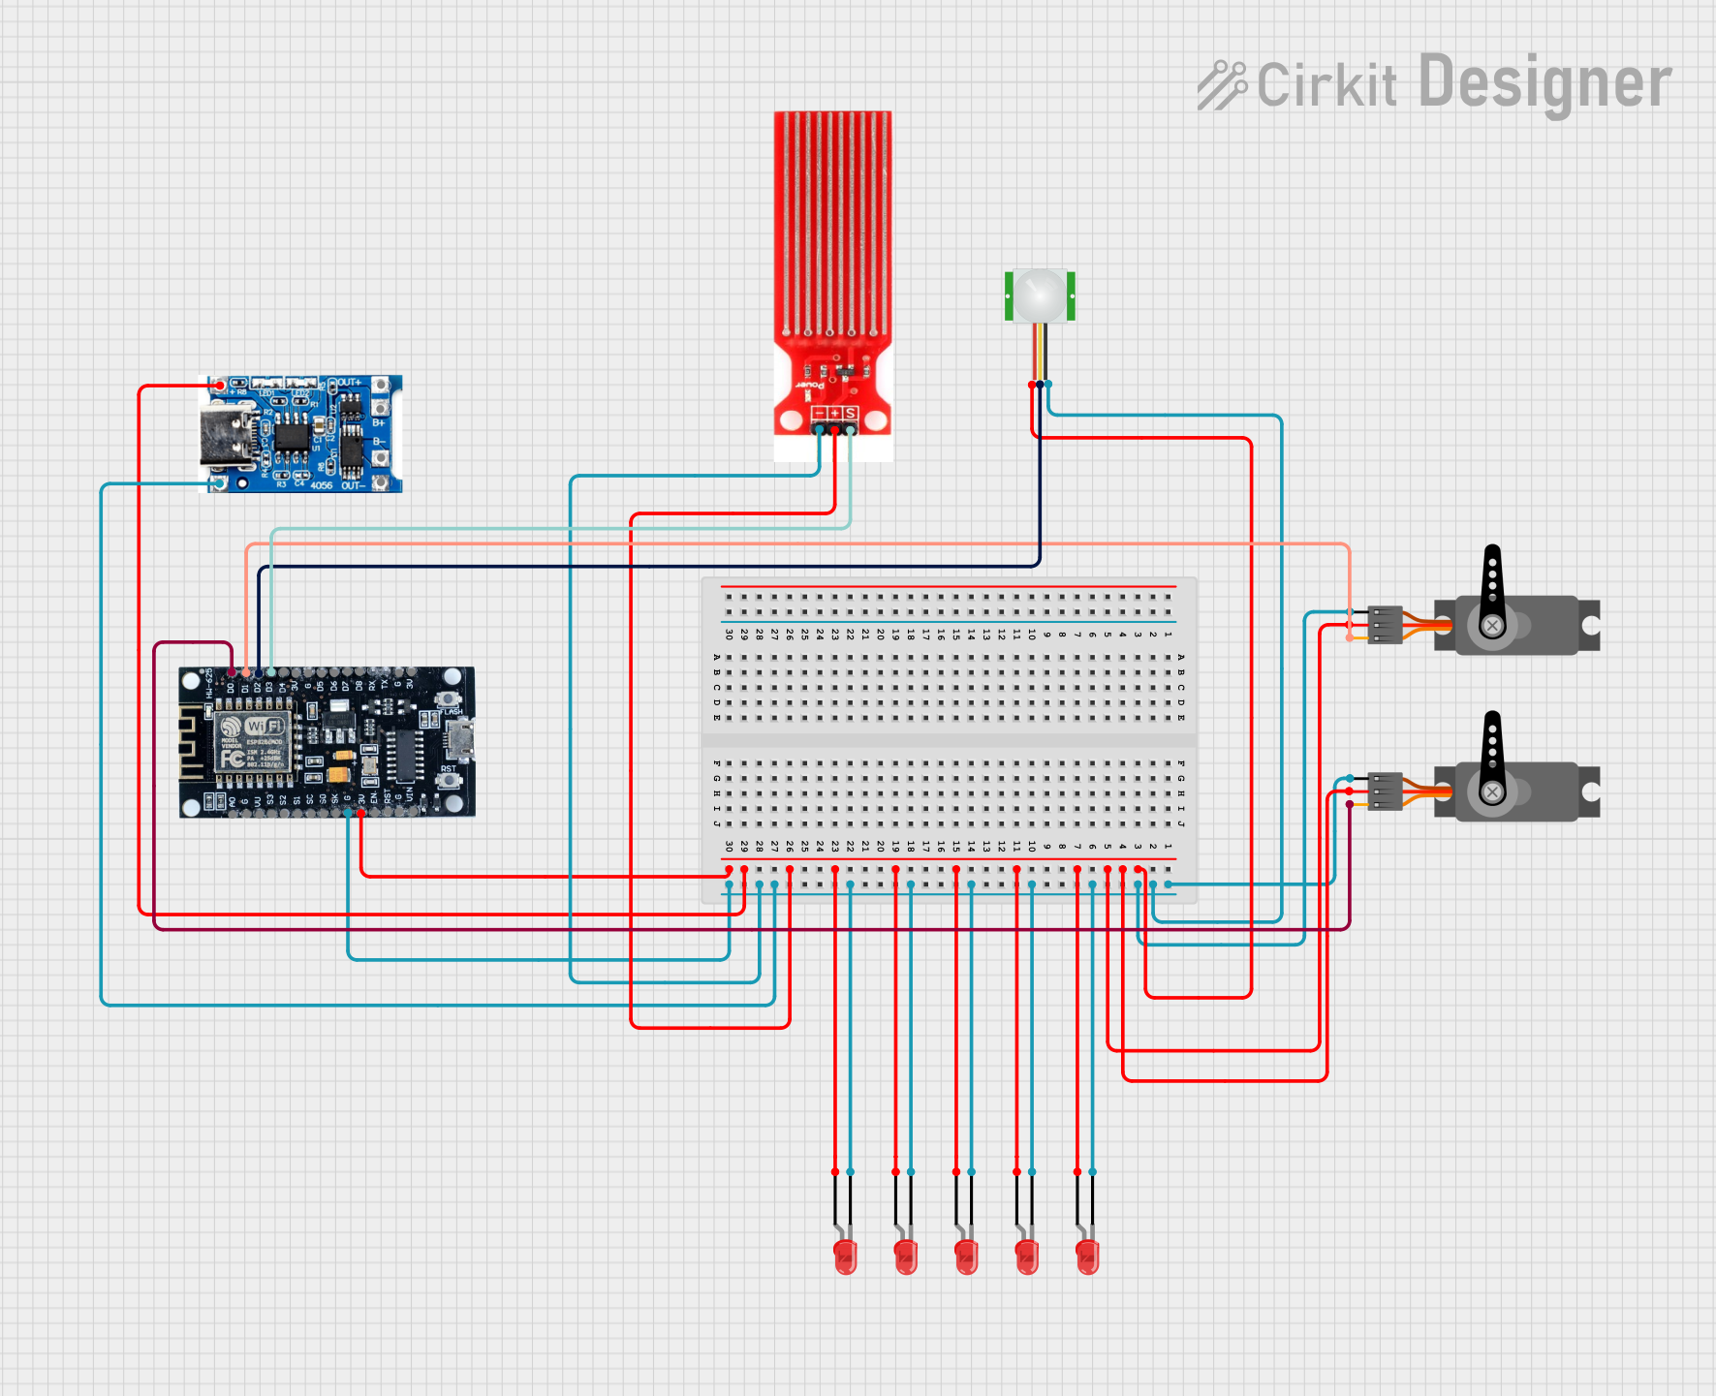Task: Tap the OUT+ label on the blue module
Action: pos(349,383)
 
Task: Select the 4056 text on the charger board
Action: pos(321,485)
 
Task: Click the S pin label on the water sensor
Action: pos(850,415)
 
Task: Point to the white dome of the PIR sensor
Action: pos(1040,294)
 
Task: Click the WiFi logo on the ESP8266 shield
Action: pos(265,726)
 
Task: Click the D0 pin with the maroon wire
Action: pos(233,672)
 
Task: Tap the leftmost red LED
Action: pos(845,1256)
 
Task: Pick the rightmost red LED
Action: pos(1087,1256)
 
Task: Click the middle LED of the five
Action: pos(966,1256)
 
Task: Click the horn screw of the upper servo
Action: pos(1492,626)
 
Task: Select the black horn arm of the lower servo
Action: pos(1492,746)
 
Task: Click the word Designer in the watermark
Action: pos(1544,83)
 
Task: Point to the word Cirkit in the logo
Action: pos(1326,85)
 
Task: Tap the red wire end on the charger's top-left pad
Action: pos(221,386)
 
